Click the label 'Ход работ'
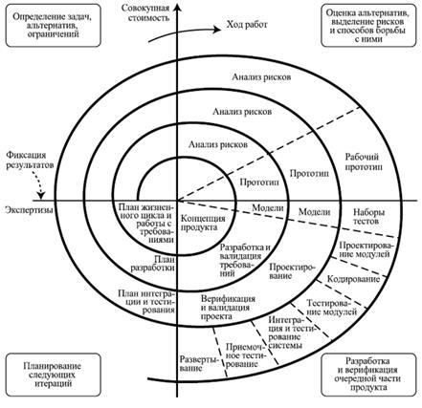pos(247,25)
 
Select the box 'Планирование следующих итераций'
pos(53,375)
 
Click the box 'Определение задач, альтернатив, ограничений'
pos(53,25)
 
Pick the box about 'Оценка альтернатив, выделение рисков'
pos(368,25)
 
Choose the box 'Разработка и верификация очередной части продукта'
pos(368,375)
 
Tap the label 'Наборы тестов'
pos(368,217)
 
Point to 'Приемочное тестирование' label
pos(246,355)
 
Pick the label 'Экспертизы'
pos(29,210)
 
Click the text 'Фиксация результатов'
pos(30,161)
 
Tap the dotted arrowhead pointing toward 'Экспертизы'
pos(41,196)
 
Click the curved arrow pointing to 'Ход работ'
pos(185,32)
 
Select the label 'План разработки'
pos(153,263)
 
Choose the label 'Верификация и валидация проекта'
pos(228,308)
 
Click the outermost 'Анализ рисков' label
pos(261,77)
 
